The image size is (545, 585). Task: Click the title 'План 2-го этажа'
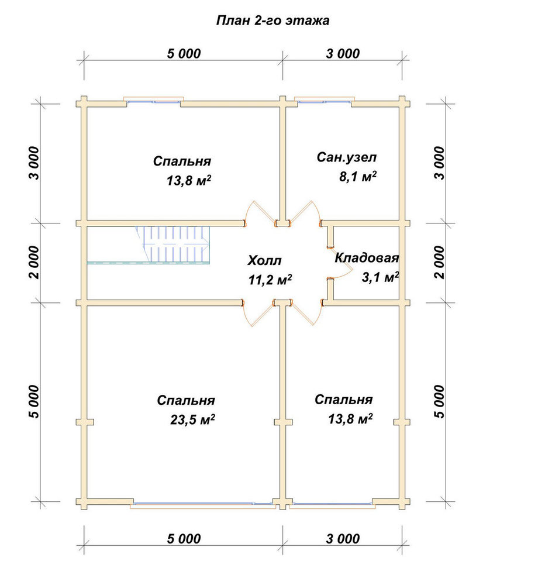point(272,20)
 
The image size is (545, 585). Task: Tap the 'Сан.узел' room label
point(347,157)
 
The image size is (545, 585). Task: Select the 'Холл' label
point(264,260)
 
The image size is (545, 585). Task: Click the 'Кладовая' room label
point(367,258)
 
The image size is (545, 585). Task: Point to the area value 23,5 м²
point(192,419)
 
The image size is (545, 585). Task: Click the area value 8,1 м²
point(358,176)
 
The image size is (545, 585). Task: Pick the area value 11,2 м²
point(270,280)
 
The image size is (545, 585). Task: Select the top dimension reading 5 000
point(184,54)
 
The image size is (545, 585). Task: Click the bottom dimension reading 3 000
point(343,539)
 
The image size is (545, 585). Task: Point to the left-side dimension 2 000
point(34,262)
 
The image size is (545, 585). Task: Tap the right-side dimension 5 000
point(440,401)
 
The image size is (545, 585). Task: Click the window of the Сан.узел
point(324,99)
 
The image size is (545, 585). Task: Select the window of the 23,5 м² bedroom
point(203,505)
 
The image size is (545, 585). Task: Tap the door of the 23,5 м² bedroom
point(258,314)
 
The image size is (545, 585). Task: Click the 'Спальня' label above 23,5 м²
point(186,400)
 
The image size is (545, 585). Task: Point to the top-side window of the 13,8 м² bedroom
point(154,99)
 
